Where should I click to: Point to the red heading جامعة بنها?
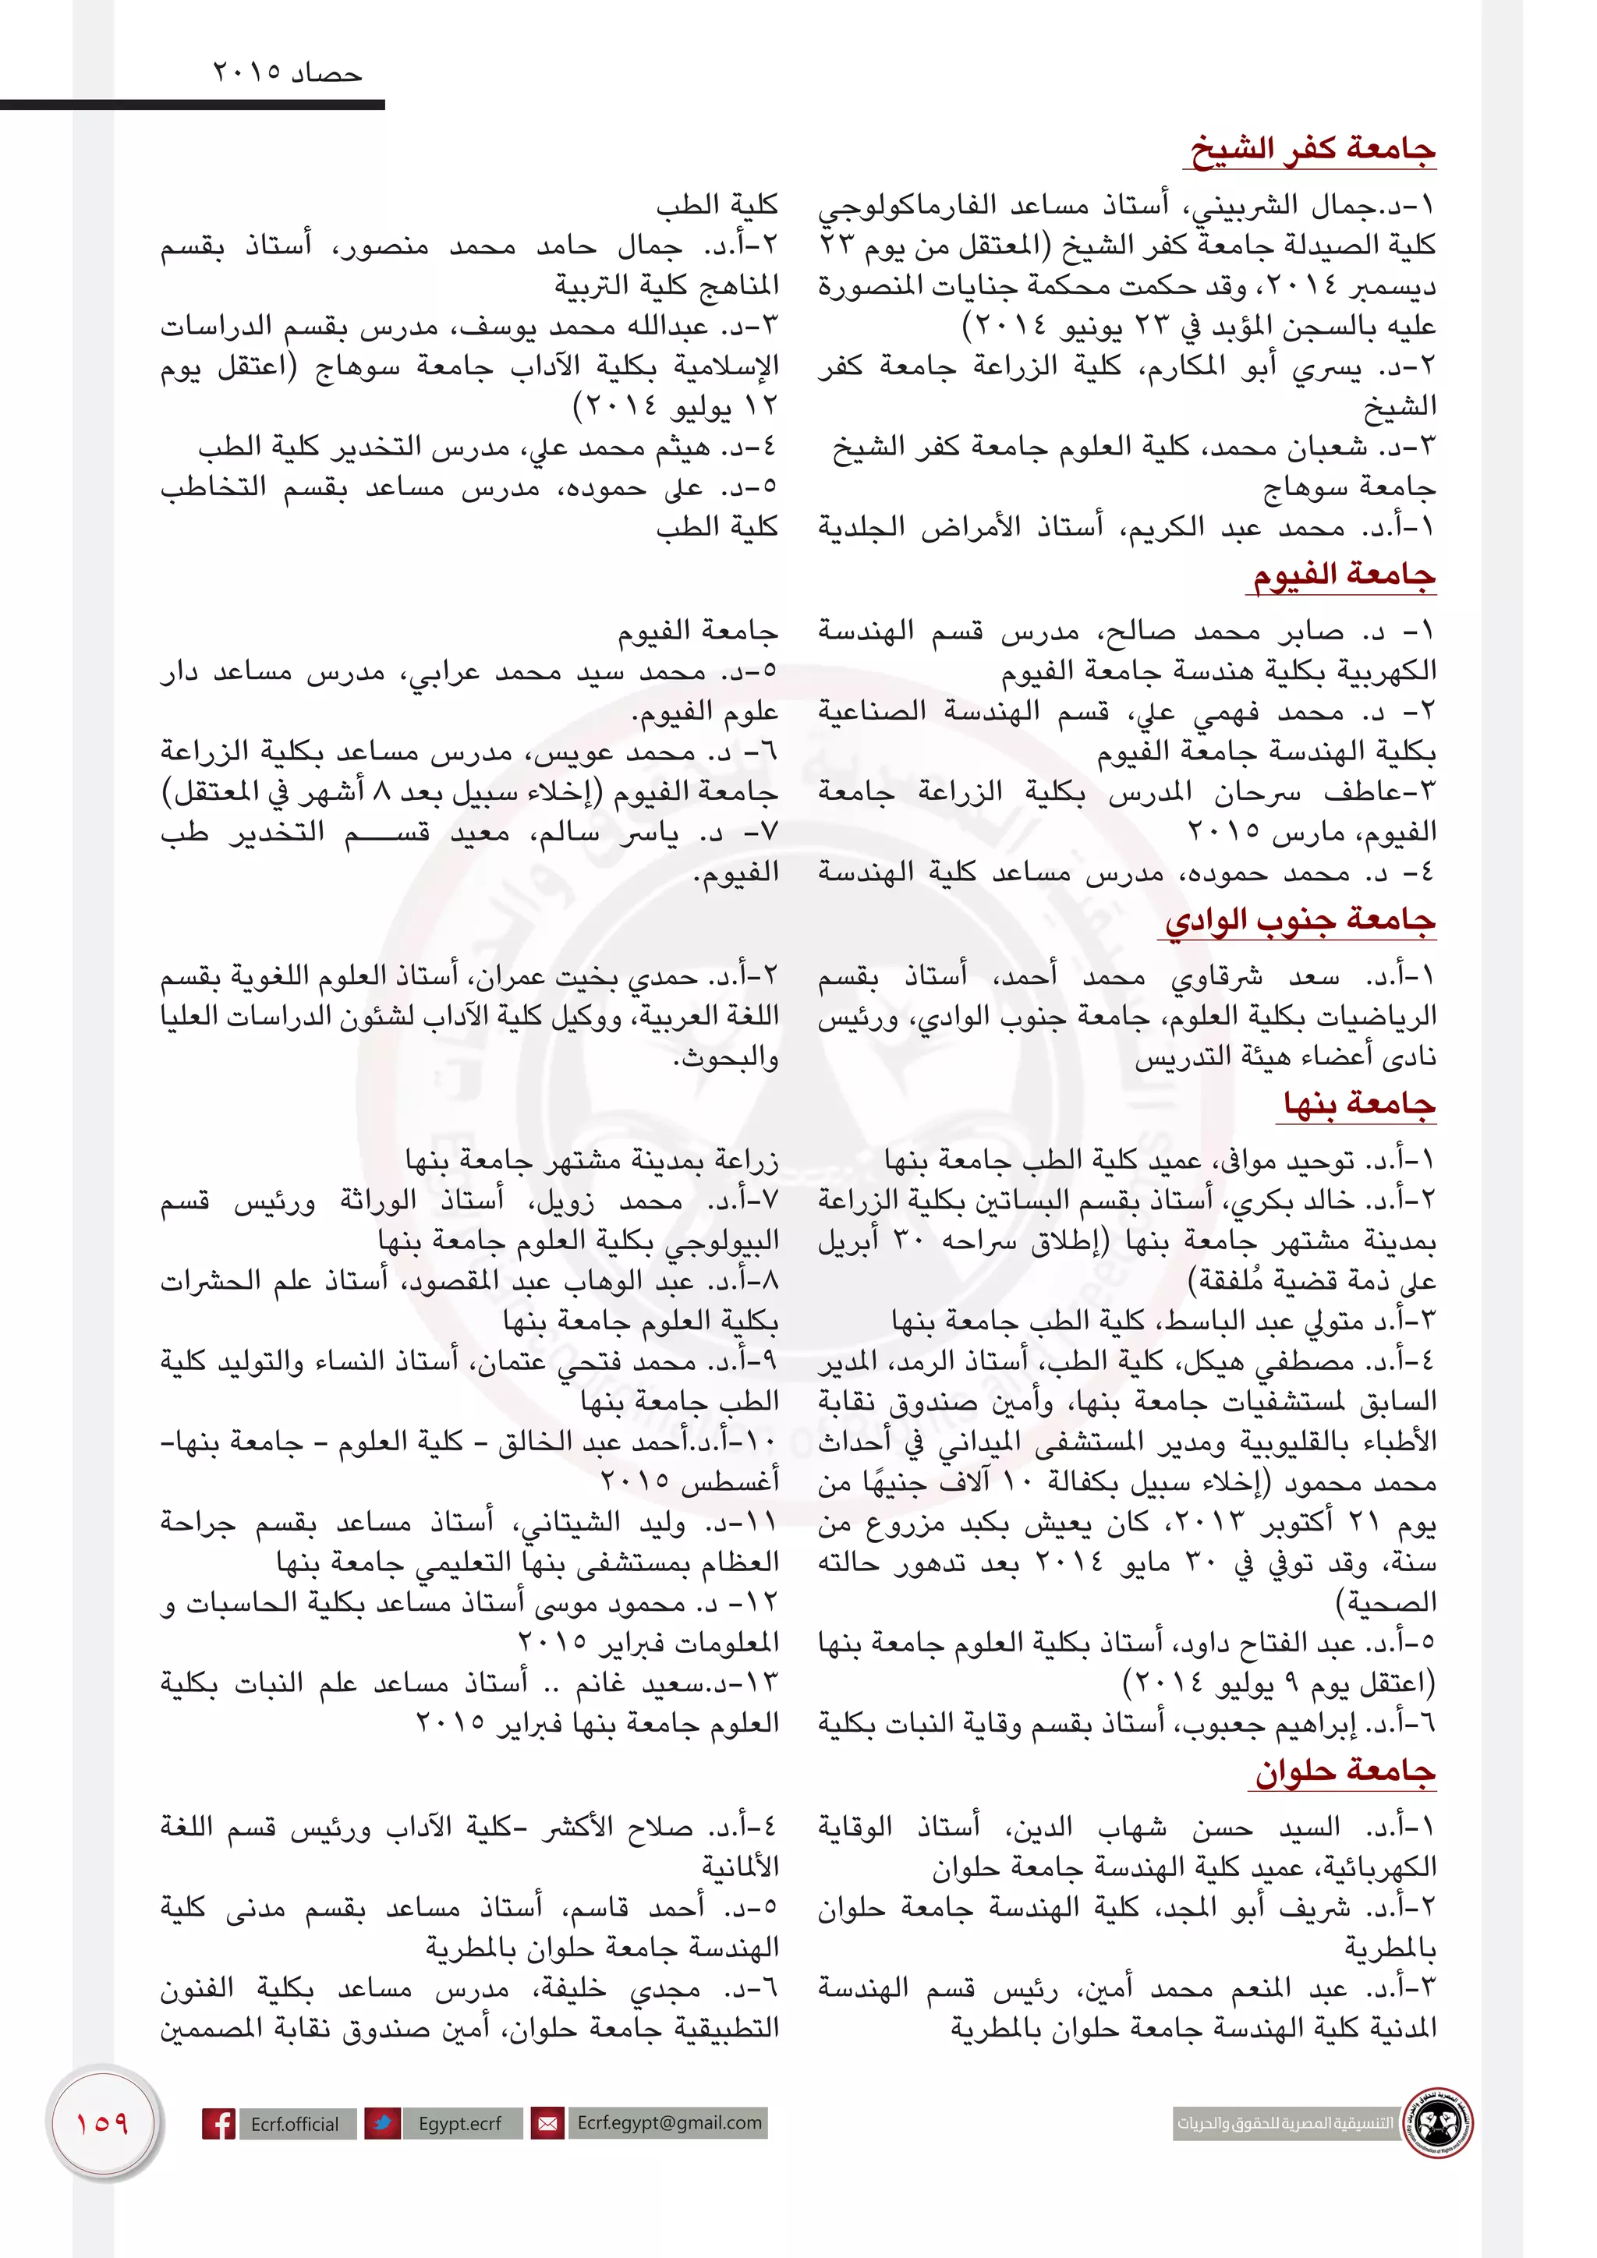click(1359, 1103)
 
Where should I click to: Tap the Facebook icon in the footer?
click(218, 2123)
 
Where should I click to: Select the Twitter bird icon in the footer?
click(381, 2123)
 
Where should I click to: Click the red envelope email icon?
click(547, 2123)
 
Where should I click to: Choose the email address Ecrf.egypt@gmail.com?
click(669, 2122)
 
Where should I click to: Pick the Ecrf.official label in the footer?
click(294, 2123)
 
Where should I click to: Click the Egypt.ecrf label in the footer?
click(459, 2123)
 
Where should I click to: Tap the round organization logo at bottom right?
click(1439, 2122)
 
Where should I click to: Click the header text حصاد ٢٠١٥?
click(287, 74)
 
